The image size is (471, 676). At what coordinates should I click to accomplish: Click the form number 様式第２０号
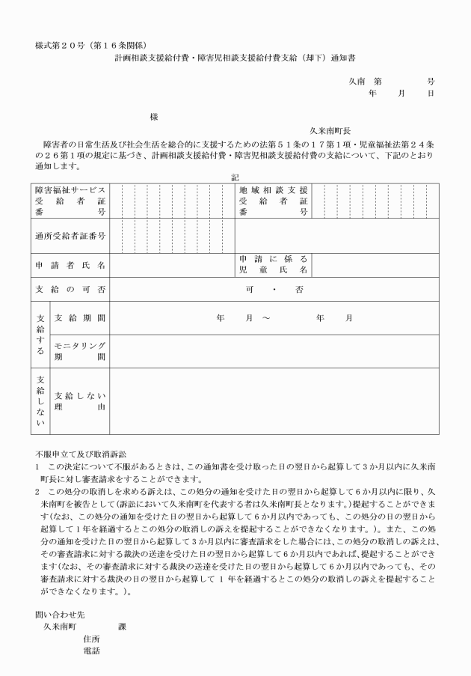[x=63, y=45]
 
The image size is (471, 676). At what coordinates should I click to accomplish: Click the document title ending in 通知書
[x=235, y=56]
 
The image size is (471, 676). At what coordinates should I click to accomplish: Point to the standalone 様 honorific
[x=154, y=117]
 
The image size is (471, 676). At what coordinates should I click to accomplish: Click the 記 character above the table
[x=235, y=177]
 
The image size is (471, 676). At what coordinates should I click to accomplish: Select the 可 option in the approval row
[x=249, y=289]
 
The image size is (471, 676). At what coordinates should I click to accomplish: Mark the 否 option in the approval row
[x=299, y=289]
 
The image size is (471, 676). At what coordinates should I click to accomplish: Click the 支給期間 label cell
[x=80, y=318]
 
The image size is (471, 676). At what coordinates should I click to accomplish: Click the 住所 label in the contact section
[x=92, y=639]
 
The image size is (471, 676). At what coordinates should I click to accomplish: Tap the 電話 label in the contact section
[x=92, y=651]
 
